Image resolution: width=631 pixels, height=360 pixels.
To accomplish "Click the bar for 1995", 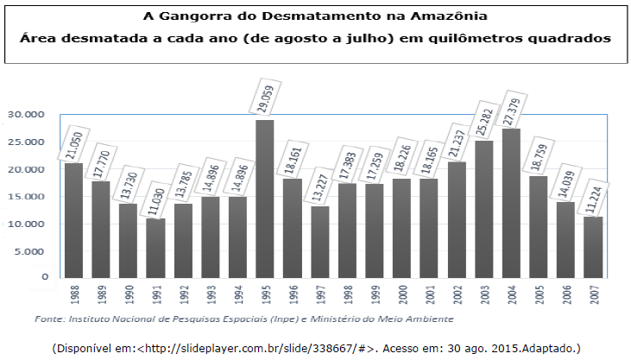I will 265,199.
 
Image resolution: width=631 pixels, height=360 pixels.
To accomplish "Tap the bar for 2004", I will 512,203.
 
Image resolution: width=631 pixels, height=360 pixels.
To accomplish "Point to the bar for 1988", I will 73,220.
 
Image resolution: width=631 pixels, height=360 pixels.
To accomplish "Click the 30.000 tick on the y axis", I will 25,114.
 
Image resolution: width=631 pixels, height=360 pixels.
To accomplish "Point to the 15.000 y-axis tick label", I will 25,197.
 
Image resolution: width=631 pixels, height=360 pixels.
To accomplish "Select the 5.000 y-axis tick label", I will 28,251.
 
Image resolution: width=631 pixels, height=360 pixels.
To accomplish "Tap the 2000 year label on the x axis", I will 402,294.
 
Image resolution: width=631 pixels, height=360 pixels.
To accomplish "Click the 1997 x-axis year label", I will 320,294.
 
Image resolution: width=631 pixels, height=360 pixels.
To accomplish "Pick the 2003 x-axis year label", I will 484,294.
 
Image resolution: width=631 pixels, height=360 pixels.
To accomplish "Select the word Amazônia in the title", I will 449,17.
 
